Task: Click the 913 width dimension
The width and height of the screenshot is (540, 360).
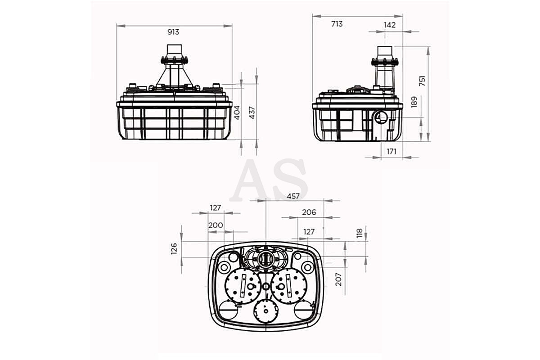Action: pyautogui.click(x=173, y=32)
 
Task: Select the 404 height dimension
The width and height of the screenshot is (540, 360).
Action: pyautogui.click(x=238, y=112)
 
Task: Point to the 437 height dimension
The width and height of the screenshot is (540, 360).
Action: pyautogui.click(x=252, y=112)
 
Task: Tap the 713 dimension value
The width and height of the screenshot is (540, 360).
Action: pyautogui.click(x=337, y=24)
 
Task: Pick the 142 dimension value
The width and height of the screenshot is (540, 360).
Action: pyautogui.click(x=390, y=25)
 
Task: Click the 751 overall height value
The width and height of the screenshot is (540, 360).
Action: pyautogui.click(x=422, y=81)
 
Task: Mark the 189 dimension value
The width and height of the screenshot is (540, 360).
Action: pyautogui.click(x=414, y=102)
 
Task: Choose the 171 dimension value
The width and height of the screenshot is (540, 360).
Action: pyautogui.click(x=391, y=152)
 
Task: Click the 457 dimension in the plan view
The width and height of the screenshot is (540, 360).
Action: pyautogui.click(x=293, y=196)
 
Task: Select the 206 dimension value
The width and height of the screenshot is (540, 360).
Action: pyautogui.click(x=309, y=212)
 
